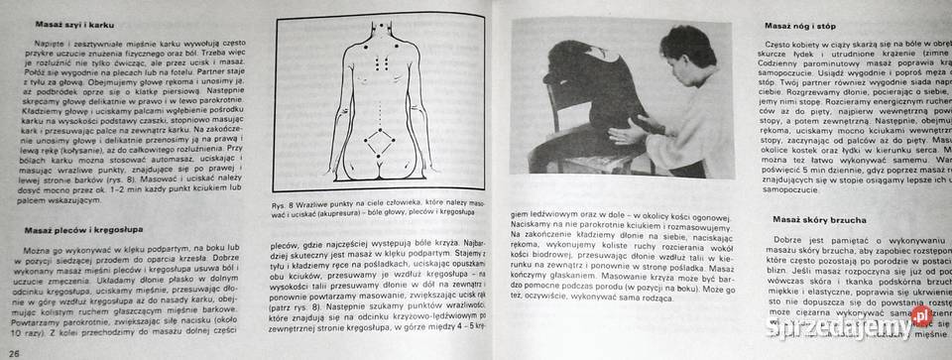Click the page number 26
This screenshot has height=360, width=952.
[x=14, y=353]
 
